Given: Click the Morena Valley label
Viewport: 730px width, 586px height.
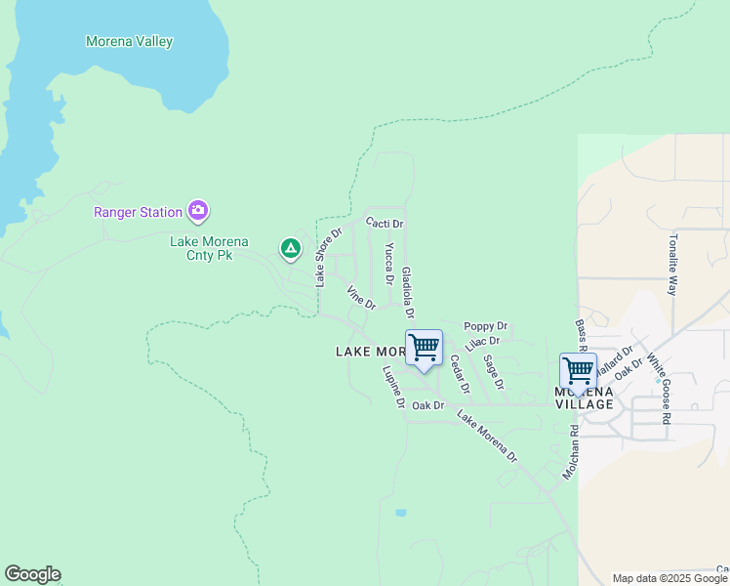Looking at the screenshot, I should [129, 42].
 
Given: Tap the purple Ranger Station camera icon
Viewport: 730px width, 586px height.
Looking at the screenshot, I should [199, 211].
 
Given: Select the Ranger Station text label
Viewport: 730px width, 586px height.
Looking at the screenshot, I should [138, 212].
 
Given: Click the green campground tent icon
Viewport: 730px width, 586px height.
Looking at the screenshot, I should [290, 249].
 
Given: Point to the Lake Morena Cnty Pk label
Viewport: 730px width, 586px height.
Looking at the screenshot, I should [209, 249].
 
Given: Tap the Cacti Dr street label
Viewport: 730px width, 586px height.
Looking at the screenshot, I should [385, 224].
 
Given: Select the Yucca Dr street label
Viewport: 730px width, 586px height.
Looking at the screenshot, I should [388, 264].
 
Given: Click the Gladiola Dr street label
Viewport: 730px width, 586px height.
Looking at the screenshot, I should [408, 293].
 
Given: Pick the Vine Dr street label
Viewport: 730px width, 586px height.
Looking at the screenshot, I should [361, 298].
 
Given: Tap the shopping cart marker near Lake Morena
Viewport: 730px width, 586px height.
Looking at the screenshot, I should [424, 349].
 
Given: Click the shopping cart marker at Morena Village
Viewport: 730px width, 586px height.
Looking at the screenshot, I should [578, 372].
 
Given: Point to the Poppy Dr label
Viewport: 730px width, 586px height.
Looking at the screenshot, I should [485, 326].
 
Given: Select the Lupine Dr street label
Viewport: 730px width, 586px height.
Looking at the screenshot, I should [393, 387].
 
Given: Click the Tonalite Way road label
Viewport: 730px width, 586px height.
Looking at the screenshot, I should [672, 264].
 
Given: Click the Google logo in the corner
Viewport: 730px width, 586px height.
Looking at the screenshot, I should [32, 574].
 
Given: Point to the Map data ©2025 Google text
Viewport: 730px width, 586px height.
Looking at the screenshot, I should [669, 578].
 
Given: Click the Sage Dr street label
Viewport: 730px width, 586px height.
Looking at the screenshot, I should [493, 372].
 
